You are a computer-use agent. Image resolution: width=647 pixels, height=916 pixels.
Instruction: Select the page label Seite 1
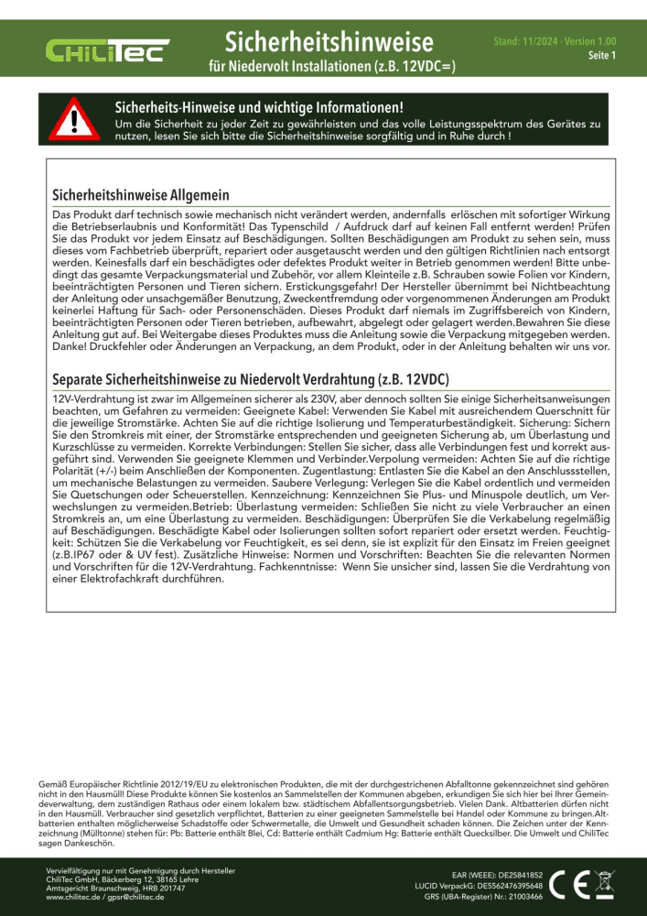pyautogui.click(x=601, y=56)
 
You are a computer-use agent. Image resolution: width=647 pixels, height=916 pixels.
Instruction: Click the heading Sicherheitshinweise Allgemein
pyautogui.click(x=140, y=195)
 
